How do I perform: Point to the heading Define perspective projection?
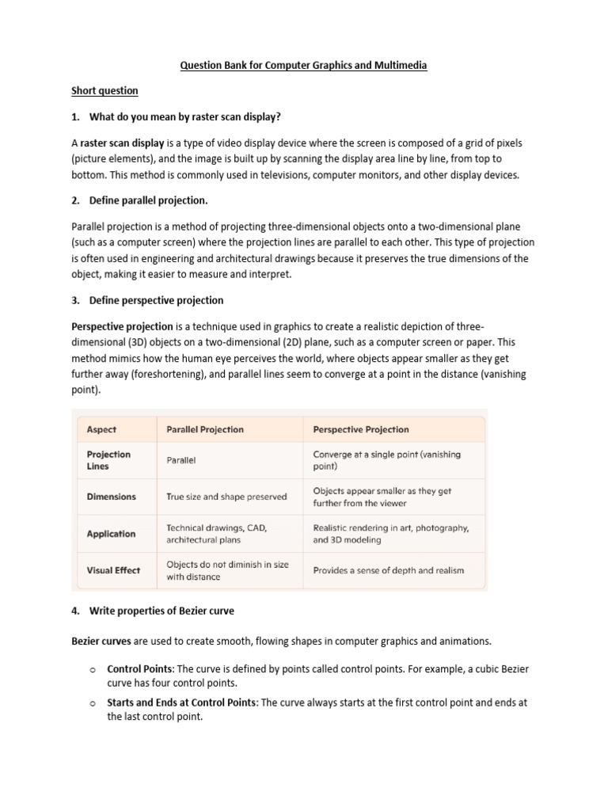tap(156, 300)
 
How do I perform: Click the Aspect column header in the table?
tap(101, 429)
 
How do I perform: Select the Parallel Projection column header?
tap(205, 429)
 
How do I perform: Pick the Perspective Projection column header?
tap(361, 429)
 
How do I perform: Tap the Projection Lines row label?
tap(108, 460)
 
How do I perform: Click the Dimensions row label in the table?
tap(111, 497)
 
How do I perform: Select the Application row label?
tap(111, 534)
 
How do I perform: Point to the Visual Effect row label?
tap(113, 570)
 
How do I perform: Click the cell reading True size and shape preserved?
tap(226, 497)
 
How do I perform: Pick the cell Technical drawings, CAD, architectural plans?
tap(217, 534)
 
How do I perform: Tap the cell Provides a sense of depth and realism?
tap(389, 570)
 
